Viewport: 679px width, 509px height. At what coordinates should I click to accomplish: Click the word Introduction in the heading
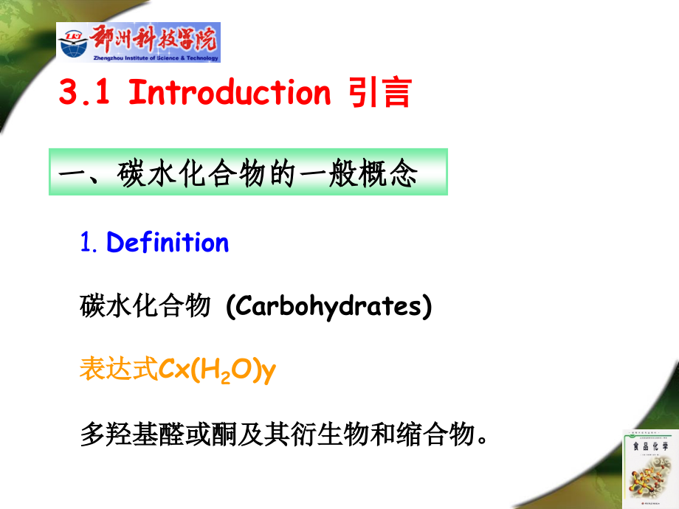coord(230,93)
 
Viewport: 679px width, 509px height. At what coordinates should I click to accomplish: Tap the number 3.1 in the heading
coord(85,94)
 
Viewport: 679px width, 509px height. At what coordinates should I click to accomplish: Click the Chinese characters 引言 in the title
coord(379,94)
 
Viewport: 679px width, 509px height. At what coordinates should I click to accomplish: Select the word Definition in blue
coord(168,243)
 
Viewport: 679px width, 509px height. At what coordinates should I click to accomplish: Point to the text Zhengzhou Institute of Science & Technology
coord(156,58)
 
